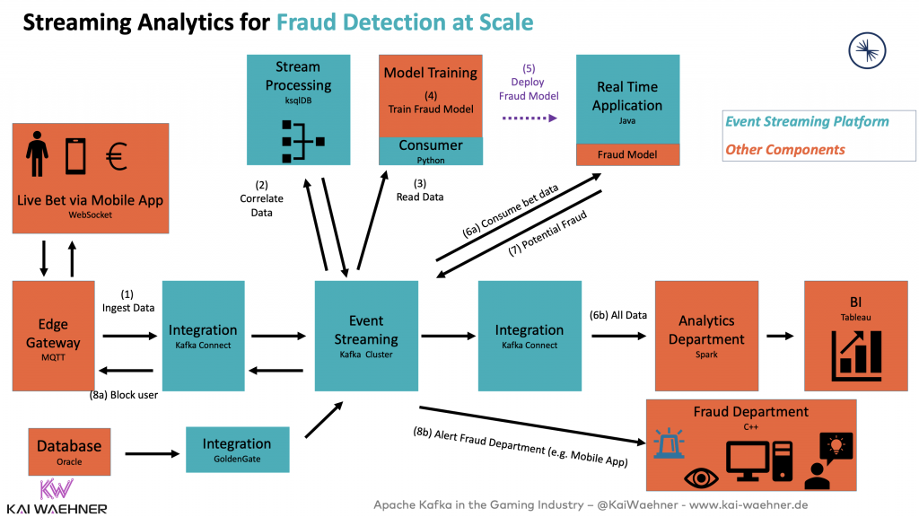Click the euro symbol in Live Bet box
[x=114, y=158]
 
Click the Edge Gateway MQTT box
[x=53, y=336]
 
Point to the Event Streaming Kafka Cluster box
[x=366, y=336]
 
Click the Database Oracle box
[x=69, y=451]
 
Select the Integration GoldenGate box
[x=237, y=450]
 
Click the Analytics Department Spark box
[x=706, y=336]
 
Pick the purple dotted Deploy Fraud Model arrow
[x=527, y=118]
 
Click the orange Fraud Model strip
[x=627, y=154]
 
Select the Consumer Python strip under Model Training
[x=431, y=150]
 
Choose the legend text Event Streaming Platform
[x=807, y=122]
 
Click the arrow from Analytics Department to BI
[x=780, y=336]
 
